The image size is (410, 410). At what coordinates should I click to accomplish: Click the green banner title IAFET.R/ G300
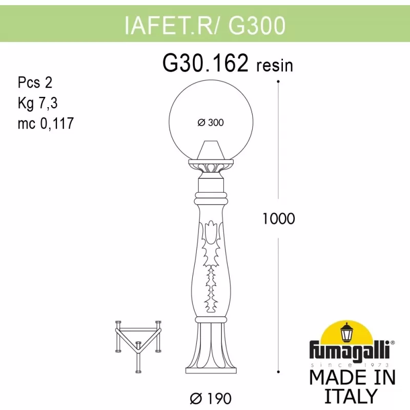(x=204, y=25)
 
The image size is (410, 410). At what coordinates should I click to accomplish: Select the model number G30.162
(x=206, y=63)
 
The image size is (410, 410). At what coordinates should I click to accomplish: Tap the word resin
(x=275, y=66)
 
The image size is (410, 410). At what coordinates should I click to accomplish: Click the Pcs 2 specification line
(x=35, y=83)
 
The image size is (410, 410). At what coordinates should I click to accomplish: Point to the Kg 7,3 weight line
(x=37, y=103)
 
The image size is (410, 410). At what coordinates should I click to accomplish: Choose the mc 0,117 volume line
(x=46, y=124)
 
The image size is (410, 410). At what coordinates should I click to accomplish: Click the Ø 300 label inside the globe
(x=211, y=122)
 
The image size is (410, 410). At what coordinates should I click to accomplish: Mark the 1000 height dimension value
(x=278, y=219)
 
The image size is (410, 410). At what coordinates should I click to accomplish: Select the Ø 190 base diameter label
(x=211, y=399)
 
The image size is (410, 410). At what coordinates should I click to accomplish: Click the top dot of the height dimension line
(x=278, y=81)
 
